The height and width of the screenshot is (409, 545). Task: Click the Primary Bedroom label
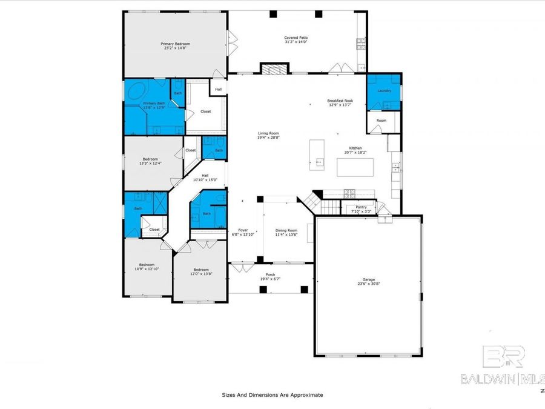pos(175,44)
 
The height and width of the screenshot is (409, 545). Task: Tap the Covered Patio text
pos(296,38)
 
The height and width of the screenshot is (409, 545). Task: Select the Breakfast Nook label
pos(340,101)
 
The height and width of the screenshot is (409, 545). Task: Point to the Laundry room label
pos(384,91)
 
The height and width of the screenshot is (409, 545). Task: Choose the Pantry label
pos(361,207)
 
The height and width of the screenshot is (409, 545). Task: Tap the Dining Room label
pos(286,230)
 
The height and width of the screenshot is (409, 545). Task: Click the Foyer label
pos(243,230)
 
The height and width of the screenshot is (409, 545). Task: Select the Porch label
pos(269,274)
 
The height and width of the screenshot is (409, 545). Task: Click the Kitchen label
pos(355,148)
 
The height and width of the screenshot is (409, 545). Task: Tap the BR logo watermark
pos(503,356)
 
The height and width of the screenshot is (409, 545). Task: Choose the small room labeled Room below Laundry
pos(381,121)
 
